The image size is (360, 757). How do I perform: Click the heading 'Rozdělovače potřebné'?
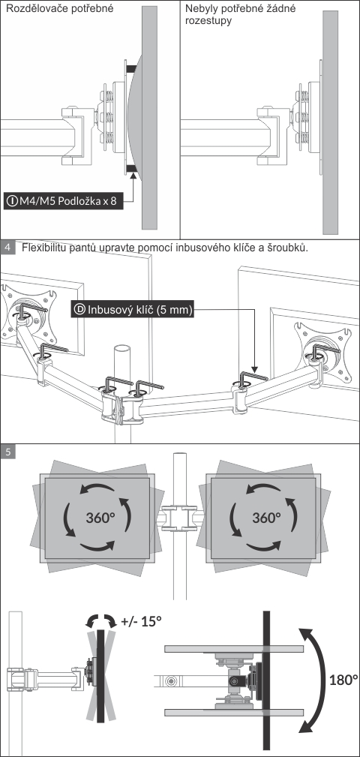[59, 8]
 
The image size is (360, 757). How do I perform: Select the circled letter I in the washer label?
[11, 201]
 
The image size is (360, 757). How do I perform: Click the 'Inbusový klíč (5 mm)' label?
[133, 309]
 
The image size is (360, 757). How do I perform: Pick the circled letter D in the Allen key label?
[80, 309]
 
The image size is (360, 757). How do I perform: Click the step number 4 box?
[7, 248]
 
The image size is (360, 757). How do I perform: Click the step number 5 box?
[7, 452]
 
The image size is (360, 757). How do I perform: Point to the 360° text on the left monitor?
[100, 518]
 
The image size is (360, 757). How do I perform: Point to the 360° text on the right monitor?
[266, 518]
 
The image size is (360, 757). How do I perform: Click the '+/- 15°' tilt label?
[142, 621]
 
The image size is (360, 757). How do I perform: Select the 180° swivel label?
[343, 680]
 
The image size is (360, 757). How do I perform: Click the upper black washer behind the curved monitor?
[130, 70]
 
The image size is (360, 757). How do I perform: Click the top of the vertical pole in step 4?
[122, 350]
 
